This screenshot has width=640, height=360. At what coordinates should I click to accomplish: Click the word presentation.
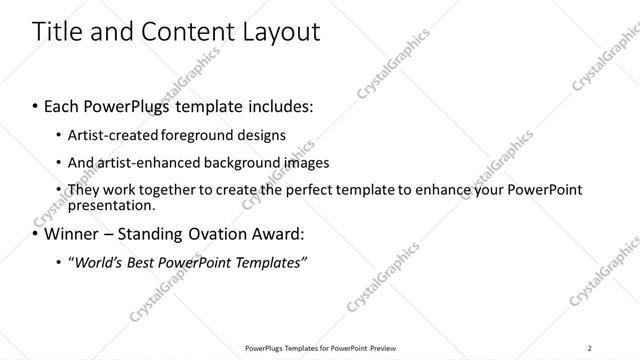[111, 206]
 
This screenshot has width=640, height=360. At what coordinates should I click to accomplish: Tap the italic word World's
[96, 263]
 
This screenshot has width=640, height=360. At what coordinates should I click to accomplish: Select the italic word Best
[145, 263]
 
